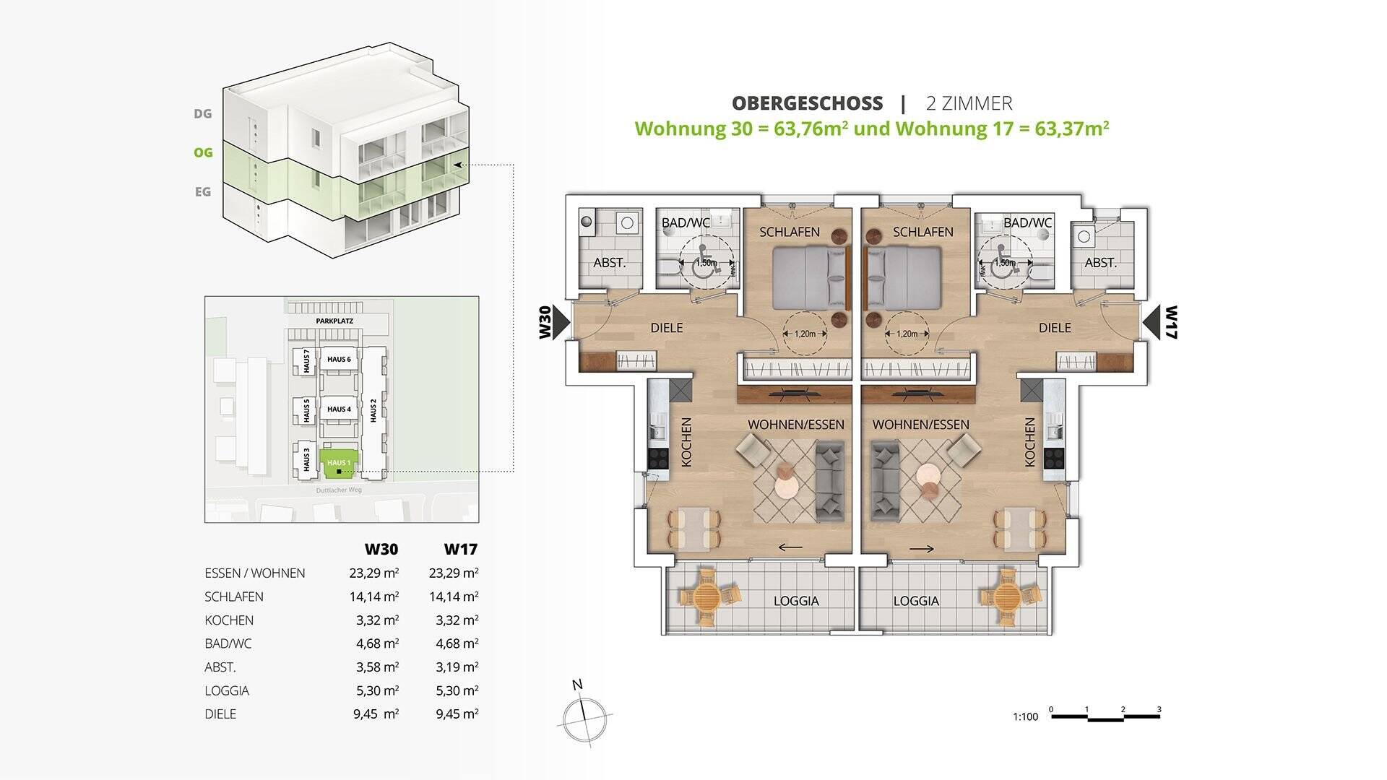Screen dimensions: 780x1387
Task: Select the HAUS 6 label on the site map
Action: [339, 359]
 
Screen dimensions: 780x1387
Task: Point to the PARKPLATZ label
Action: [334, 321]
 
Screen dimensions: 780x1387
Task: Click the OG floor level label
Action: [203, 152]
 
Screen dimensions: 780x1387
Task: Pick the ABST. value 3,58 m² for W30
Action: [377, 667]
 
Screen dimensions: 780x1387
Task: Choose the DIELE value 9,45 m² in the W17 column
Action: [457, 714]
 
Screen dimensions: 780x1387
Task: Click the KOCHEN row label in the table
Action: [229, 620]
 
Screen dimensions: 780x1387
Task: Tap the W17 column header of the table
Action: [460, 549]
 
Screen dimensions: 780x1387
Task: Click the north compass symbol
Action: [584, 719]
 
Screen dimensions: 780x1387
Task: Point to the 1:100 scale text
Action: [1025, 716]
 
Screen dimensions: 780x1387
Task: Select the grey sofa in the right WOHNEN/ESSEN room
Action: [884, 482]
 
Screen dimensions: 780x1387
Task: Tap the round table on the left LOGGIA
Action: [708, 597]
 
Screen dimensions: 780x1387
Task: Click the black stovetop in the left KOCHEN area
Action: [658, 459]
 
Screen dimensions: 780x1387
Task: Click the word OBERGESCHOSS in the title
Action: [807, 103]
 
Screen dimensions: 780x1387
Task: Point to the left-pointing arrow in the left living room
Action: [790, 547]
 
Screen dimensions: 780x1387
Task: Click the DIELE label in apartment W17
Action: [1054, 328]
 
